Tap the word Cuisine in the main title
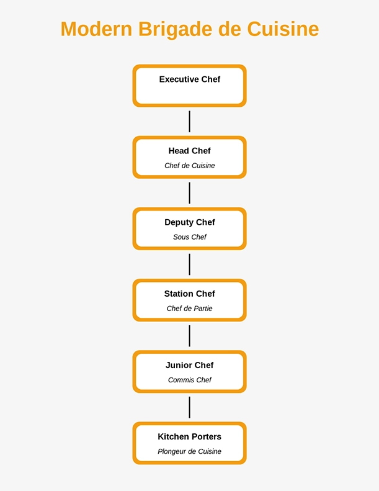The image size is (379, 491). [283, 29]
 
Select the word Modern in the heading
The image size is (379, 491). [96, 29]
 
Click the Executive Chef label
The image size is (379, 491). [189, 79]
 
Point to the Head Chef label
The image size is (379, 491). [189, 151]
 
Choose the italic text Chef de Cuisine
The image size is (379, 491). [189, 166]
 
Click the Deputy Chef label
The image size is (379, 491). [189, 222]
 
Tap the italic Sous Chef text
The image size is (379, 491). [189, 237]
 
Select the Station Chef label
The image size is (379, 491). [189, 294]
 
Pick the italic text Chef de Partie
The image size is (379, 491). [189, 309]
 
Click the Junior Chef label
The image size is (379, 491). [189, 365]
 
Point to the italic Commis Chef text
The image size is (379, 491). [189, 380]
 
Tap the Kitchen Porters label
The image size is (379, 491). [189, 436]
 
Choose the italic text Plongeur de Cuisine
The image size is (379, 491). [189, 451]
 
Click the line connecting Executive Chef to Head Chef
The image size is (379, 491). [189, 122]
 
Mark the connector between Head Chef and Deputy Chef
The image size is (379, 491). [189, 193]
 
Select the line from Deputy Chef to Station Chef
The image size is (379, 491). [189, 264]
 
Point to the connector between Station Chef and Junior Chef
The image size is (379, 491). [189, 336]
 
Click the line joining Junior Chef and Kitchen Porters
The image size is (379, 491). [189, 407]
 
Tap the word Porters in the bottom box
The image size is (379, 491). [206, 436]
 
